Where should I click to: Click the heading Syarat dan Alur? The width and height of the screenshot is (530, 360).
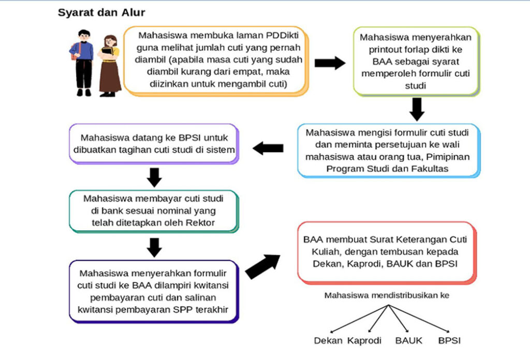[x=101, y=13]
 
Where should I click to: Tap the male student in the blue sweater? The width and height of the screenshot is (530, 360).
[x=82, y=63]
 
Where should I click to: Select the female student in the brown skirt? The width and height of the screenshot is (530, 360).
[x=110, y=66]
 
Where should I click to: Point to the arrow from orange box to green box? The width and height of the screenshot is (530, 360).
[x=330, y=63]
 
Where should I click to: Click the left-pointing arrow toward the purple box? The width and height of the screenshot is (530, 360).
[x=268, y=148]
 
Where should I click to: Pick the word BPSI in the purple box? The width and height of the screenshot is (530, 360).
[x=189, y=138]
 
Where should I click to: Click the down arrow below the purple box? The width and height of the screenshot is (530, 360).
[x=154, y=177]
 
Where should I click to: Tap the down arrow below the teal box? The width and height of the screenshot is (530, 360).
[x=154, y=248]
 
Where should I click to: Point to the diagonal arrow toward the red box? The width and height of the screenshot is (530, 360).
[x=263, y=266]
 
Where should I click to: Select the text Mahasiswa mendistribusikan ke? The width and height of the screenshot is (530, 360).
[x=387, y=295]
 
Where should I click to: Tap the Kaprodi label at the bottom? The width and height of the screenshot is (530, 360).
[x=364, y=340]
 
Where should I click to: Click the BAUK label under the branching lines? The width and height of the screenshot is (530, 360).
[x=409, y=340]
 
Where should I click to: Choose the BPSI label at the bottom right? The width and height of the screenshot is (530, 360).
[x=449, y=340]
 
